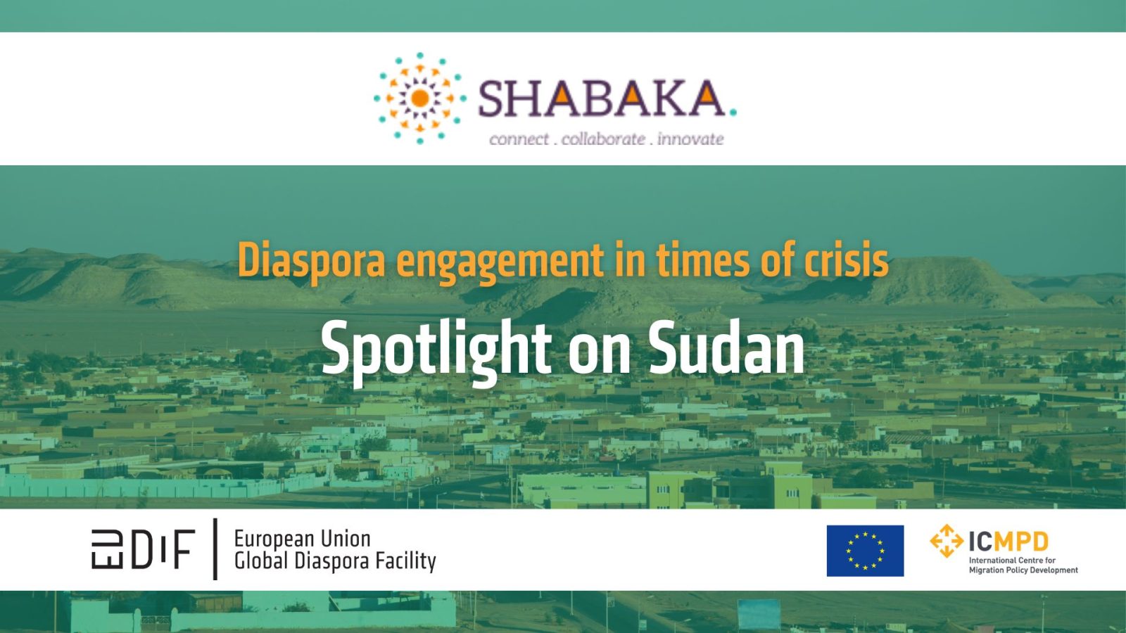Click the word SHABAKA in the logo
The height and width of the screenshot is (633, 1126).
[x=602, y=98]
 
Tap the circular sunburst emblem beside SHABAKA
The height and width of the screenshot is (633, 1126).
[x=419, y=98]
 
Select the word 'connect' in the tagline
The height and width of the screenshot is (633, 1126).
[x=519, y=139]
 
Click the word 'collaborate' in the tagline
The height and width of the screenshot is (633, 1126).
[x=603, y=139]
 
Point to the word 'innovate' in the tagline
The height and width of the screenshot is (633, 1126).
[x=690, y=139]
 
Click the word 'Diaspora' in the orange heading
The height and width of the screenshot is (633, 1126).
[x=311, y=261]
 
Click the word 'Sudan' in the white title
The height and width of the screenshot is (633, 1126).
[x=726, y=348]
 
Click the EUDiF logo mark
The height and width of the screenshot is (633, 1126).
[x=143, y=549]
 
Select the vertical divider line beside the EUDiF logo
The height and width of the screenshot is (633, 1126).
[x=215, y=549]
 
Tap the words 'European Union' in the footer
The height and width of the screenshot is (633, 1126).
[x=302, y=539]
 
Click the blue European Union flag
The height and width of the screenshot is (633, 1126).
[x=865, y=551]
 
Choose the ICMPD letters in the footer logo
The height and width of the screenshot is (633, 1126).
[x=1008, y=542]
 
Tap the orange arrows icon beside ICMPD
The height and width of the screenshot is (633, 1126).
[x=947, y=541]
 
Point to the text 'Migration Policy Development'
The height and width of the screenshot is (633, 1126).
[x=1023, y=570]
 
